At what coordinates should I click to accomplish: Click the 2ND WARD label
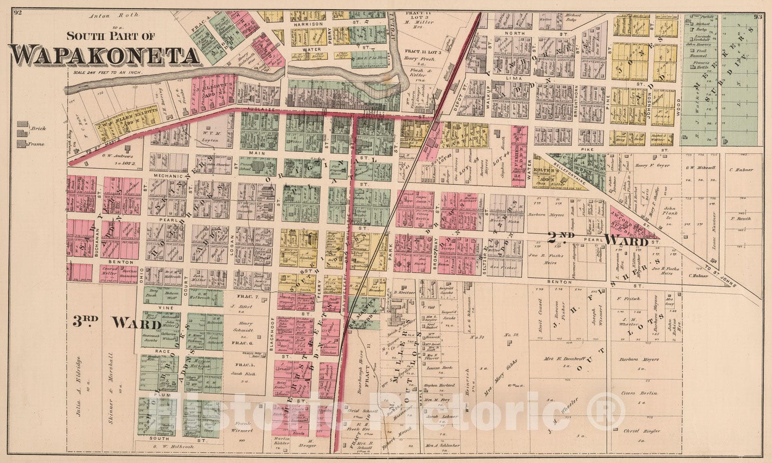coord(599,238)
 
